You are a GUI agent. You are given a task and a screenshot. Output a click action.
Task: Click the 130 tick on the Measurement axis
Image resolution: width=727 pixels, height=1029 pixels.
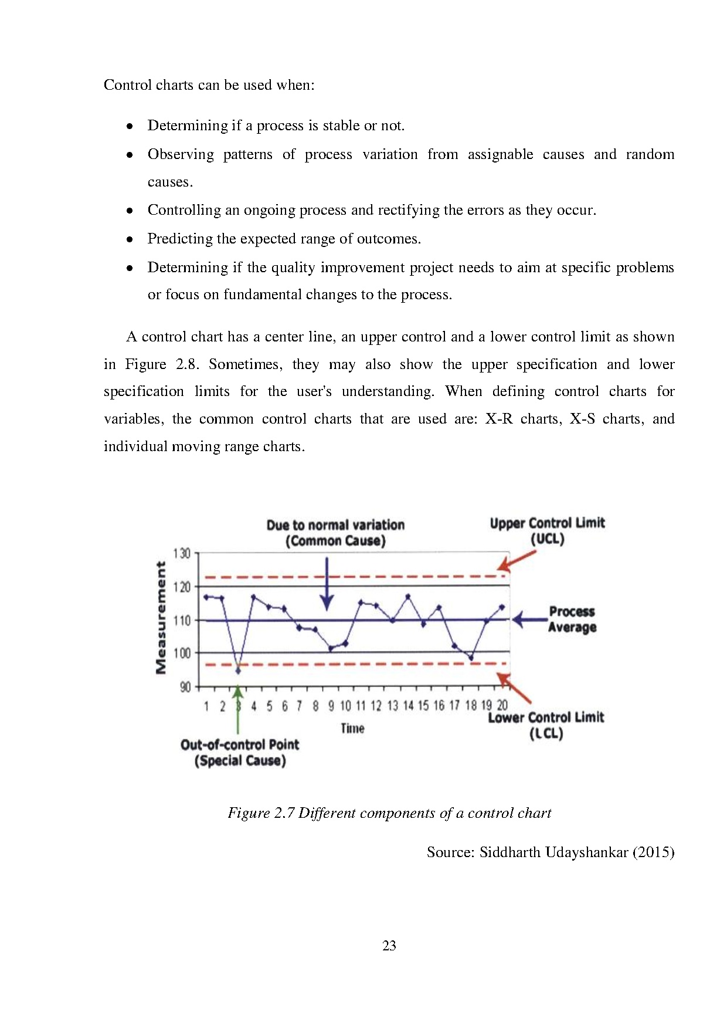pyautogui.click(x=182, y=553)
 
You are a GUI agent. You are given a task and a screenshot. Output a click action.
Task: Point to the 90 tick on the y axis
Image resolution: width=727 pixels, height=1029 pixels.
pyautogui.click(x=185, y=687)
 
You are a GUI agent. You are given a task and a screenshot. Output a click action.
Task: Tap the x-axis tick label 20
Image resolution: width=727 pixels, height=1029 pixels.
pyautogui.click(x=502, y=706)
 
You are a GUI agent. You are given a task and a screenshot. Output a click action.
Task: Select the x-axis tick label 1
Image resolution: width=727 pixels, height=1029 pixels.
pyautogui.click(x=206, y=706)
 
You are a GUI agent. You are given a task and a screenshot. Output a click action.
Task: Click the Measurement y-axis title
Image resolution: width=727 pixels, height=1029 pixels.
pyautogui.click(x=161, y=618)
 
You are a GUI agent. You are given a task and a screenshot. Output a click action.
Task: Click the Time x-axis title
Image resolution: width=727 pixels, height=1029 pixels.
pyautogui.click(x=352, y=729)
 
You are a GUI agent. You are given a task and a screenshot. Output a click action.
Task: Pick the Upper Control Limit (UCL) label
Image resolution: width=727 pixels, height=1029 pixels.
pyautogui.click(x=547, y=531)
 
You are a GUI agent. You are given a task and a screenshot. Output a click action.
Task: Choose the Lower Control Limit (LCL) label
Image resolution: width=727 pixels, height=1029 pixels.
pyautogui.click(x=546, y=726)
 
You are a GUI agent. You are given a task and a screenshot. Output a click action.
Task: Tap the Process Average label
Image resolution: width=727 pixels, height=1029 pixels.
pyautogui.click(x=572, y=620)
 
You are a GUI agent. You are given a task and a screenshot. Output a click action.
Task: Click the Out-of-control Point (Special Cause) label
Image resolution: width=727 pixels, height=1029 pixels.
pyautogui.click(x=240, y=753)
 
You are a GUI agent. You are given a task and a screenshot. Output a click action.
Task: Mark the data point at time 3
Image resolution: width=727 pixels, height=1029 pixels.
pyautogui.click(x=238, y=671)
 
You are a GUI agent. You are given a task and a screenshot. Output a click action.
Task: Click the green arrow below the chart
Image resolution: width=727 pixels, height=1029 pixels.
pyautogui.click(x=238, y=710)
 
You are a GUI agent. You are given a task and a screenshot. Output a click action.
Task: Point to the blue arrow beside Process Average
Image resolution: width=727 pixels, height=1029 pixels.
pyautogui.click(x=529, y=620)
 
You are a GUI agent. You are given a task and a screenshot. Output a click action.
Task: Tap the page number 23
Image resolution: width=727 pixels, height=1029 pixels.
pyautogui.click(x=389, y=946)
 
